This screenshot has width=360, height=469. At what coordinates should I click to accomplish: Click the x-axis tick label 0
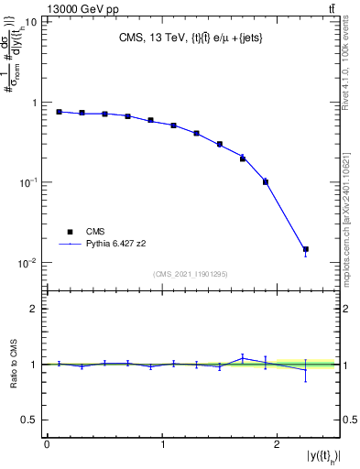pyautogui.click(x=47, y=444)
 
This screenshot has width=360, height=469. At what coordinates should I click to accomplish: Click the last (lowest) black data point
pyautogui.click(x=306, y=249)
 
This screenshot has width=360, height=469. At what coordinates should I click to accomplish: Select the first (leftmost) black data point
pyautogui.click(x=59, y=112)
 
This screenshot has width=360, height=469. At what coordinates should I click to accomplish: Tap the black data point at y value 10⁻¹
pyautogui.click(x=266, y=181)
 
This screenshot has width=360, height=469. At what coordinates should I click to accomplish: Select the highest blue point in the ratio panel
pyautogui.click(x=243, y=357)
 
